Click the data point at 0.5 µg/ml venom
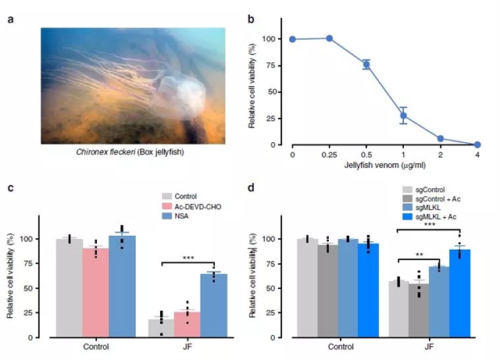366,64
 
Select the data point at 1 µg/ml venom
403,116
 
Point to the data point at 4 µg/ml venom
477,144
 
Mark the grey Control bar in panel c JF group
161,328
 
